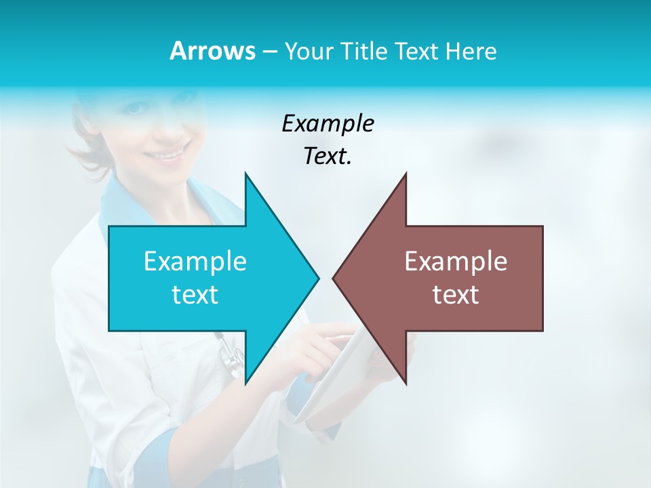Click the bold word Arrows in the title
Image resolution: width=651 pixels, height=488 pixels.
[212, 51]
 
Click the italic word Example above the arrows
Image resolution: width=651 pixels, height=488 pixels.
[328, 123]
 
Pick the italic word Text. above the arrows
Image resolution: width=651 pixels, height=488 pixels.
[328, 157]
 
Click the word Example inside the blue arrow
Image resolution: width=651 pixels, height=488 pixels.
[195, 261]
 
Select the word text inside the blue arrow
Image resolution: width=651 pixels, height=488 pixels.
[195, 295]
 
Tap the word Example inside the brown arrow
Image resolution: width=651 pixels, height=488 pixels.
[456, 261]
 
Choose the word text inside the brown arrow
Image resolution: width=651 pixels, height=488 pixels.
[456, 295]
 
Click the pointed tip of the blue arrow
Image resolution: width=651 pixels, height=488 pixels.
[318, 278]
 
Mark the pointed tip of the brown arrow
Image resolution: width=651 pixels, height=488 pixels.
[333, 278]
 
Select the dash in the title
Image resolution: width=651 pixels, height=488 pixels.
[269, 52]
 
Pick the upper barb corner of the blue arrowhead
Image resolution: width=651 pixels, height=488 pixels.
[245, 174]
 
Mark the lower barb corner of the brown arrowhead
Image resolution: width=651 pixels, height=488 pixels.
[406, 384]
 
